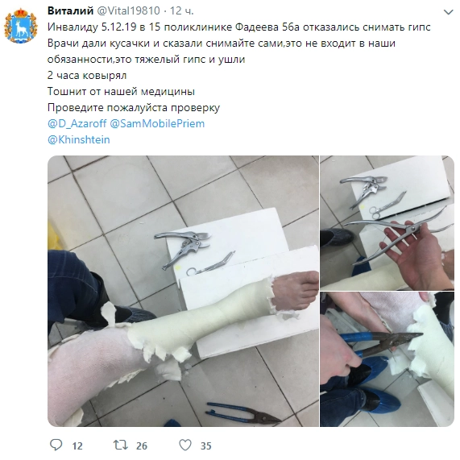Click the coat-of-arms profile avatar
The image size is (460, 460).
(x=20, y=26)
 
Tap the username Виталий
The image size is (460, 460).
(x=70, y=10)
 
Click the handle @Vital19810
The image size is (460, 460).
(x=128, y=10)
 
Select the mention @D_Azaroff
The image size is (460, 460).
(x=77, y=123)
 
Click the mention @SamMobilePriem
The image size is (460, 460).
(x=157, y=123)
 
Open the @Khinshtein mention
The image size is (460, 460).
(x=79, y=139)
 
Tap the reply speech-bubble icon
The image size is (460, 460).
(x=56, y=445)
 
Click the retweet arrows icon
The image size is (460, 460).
(x=120, y=445)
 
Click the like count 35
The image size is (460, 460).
(x=206, y=446)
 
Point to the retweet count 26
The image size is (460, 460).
(x=142, y=446)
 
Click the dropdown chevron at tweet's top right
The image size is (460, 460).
(x=448, y=12)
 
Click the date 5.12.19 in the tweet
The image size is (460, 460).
(x=118, y=27)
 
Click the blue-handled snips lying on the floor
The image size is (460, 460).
(x=242, y=412)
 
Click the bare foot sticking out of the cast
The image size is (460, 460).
(x=293, y=291)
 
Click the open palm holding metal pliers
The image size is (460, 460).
(x=416, y=257)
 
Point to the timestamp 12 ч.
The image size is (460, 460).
(x=182, y=10)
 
